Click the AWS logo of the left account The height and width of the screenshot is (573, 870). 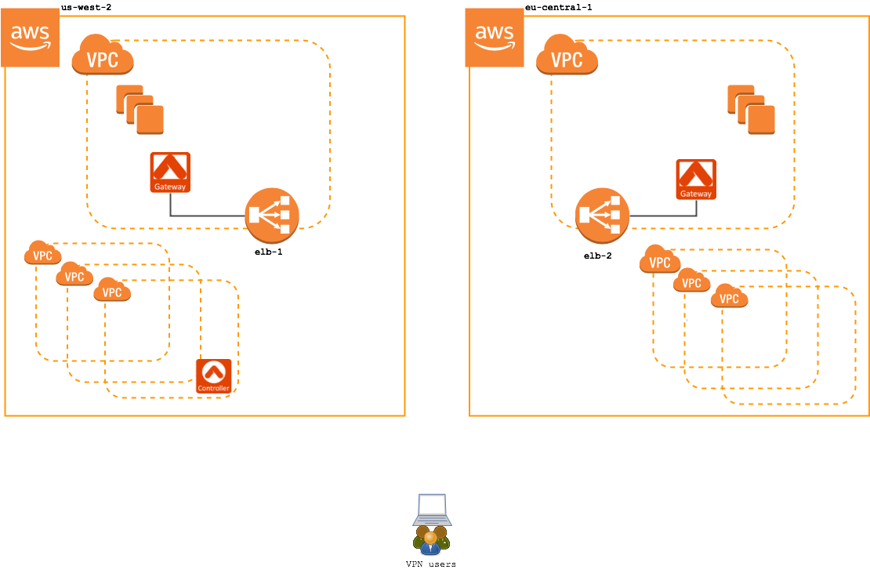tap(31, 38)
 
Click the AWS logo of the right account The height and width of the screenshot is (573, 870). tap(495, 38)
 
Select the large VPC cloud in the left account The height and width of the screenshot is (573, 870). tap(103, 56)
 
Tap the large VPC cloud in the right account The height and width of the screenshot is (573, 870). tap(567, 56)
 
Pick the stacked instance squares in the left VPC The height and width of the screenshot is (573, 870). tap(140, 110)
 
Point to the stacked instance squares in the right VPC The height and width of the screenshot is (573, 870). tap(751, 110)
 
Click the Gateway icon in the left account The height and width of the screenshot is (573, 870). tap(170, 172)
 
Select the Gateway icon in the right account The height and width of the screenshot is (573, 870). tap(696, 180)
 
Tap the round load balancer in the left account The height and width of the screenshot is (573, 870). tap(272, 216)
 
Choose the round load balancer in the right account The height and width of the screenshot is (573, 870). tap(603, 216)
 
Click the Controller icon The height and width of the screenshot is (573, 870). tap(214, 376)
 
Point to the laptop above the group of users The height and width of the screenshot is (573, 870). tap(432, 510)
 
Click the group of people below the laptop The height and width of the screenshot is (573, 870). tap(431, 541)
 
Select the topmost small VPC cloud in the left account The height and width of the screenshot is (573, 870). tap(43, 253)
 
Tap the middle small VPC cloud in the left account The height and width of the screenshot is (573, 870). tap(74, 274)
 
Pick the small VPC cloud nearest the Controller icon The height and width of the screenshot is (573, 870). tap(112, 291)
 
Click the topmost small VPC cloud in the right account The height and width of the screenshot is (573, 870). tap(660, 260)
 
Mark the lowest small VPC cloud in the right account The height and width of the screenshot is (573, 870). tap(729, 297)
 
